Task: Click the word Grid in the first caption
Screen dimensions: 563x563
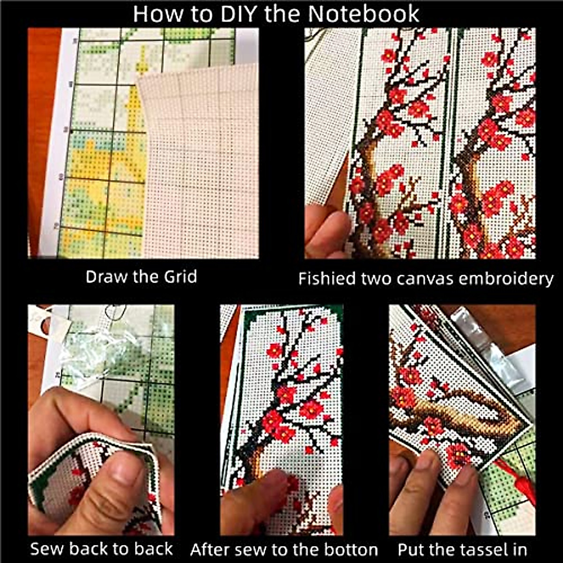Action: click(x=180, y=276)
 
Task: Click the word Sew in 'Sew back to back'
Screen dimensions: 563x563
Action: click(x=45, y=549)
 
